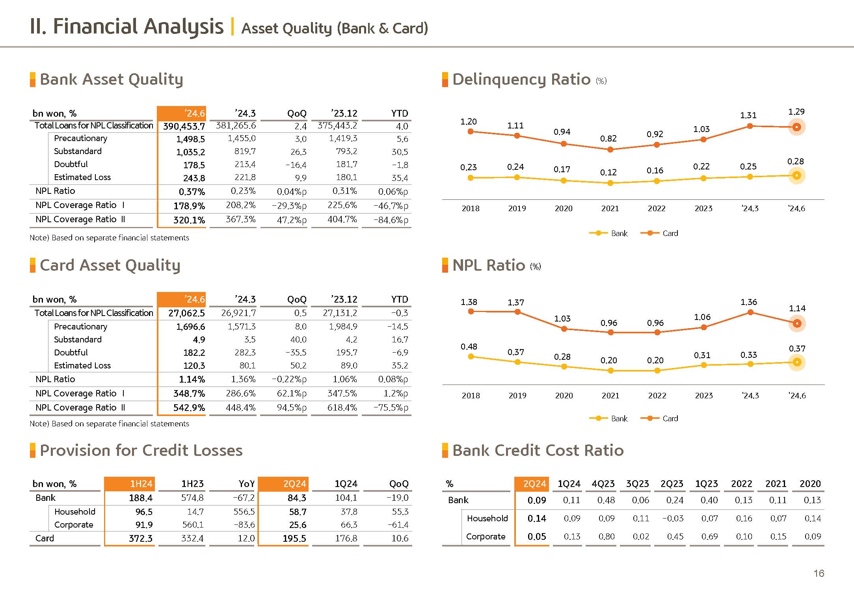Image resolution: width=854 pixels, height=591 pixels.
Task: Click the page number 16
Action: [x=819, y=573]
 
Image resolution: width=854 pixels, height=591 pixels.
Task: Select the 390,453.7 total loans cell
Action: [x=184, y=126]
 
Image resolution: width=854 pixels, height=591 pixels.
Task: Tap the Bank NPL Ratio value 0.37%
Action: [x=192, y=192]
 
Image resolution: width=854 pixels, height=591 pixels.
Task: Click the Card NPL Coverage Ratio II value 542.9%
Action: [x=189, y=408]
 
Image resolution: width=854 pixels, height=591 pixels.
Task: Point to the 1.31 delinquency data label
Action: [x=748, y=115]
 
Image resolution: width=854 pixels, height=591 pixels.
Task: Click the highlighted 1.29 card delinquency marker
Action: [x=796, y=127]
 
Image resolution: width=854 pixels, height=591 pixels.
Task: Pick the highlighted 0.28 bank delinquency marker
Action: [x=796, y=176]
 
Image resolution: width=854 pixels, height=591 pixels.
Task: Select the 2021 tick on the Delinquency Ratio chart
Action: [x=610, y=208]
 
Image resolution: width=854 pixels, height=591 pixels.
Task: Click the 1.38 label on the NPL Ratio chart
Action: [x=469, y=302]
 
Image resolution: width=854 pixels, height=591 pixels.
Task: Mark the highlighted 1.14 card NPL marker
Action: [x=796, y=323]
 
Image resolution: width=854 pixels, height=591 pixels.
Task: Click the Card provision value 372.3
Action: [x=140, y=539]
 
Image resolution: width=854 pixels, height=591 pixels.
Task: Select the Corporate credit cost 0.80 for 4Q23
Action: [x=606, y=537]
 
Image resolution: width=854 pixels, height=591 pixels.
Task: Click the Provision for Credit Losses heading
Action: [x=141, y=451]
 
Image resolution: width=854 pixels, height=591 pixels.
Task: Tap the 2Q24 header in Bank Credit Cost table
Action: [x=534, y=484]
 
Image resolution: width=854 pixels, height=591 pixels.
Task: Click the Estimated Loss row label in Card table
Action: [x=82, y=366]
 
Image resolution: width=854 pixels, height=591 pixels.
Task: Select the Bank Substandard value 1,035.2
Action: [x=190, y=152]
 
